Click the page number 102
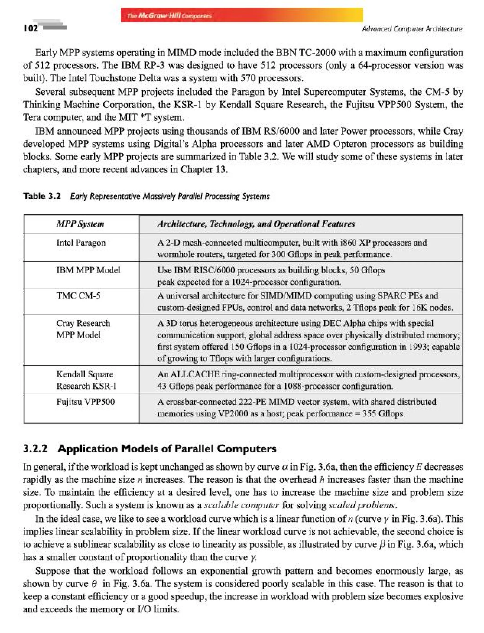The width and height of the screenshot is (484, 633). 30,28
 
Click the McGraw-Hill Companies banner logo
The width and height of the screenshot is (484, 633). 169,16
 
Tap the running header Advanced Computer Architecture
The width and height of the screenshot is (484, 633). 412,29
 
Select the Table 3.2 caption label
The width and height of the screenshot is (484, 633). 42,196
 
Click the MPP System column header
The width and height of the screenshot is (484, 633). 80,224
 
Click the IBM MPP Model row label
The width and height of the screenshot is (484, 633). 88,270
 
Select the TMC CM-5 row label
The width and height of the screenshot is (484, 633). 78,296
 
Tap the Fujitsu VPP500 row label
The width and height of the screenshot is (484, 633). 85,401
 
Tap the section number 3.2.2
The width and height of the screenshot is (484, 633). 35,449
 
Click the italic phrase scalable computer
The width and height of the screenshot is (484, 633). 242,505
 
